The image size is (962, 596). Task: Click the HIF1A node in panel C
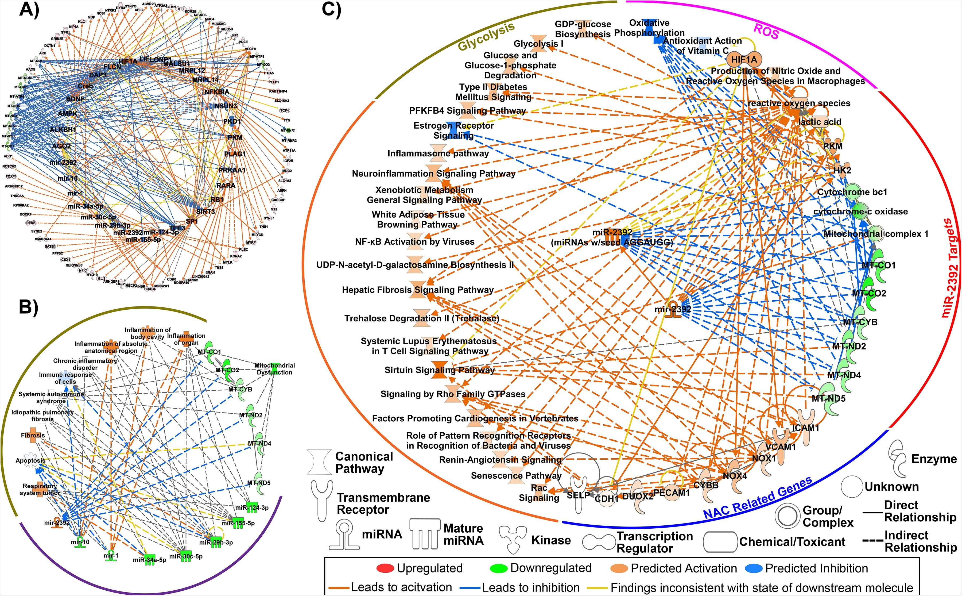point(744,60)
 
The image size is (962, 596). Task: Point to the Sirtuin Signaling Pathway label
point(439,370)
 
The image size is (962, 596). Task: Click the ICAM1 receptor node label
point(806,428)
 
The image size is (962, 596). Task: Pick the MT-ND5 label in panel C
point(828,398)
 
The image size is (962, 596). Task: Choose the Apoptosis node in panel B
point(30,460)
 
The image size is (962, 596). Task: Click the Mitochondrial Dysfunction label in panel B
point(274,369)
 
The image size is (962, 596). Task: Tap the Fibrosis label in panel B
point(33,436)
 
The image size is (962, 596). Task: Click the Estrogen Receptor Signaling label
point(453,130)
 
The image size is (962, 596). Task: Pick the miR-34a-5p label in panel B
point(149,560)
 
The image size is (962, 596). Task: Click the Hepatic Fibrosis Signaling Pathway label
point(418,290)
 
